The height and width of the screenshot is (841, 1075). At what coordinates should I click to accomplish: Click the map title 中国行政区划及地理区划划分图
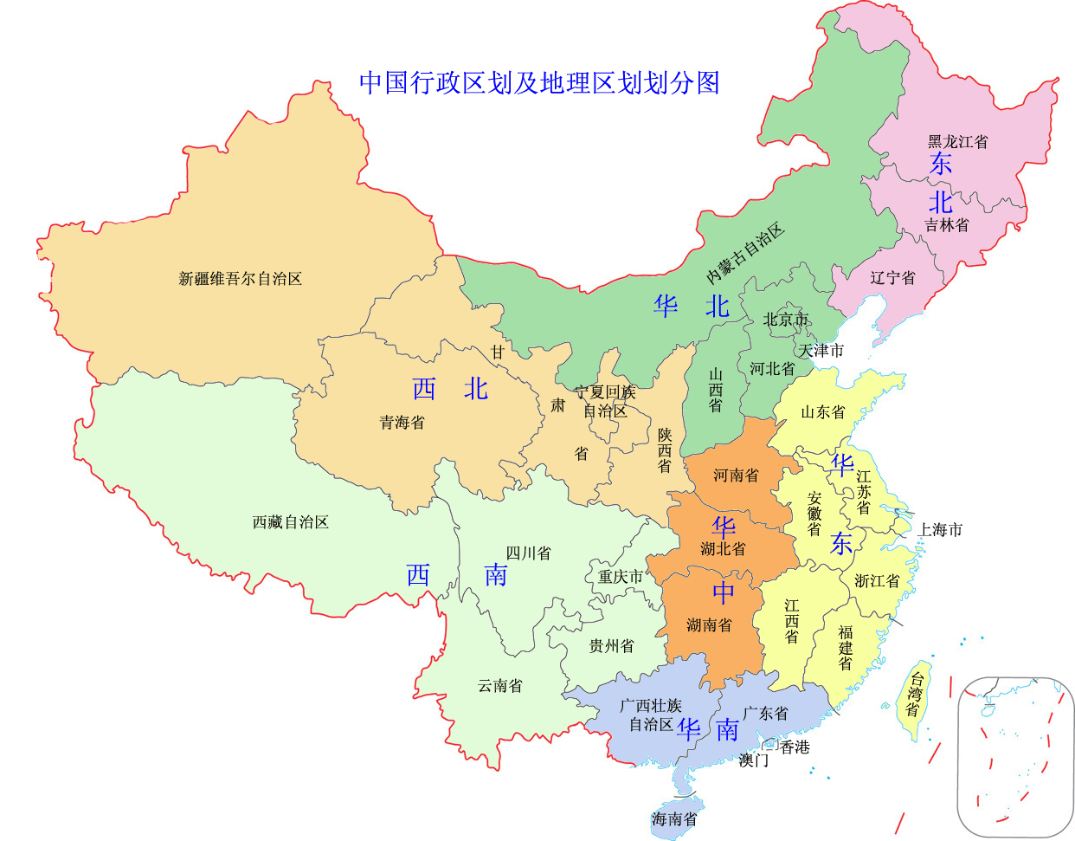[539, 82]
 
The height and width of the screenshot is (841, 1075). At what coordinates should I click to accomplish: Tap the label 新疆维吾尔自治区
[240, 279]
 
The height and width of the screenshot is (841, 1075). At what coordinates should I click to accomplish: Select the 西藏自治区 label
[290, 522]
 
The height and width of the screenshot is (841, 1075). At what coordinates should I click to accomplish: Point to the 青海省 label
[402, 423]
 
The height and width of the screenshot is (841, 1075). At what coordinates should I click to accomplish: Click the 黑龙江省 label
[957, 141]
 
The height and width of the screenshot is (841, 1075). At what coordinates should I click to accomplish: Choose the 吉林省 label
[946, 225]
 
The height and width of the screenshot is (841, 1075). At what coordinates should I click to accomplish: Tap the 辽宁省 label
[892, 278]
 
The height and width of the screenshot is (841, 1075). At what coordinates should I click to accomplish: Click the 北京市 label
[785, 320]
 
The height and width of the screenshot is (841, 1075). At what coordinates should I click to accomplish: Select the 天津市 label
[821, 351]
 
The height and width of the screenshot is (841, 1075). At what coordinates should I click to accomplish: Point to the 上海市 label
[940, 529]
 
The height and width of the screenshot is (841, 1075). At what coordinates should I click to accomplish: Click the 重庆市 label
[621, 577]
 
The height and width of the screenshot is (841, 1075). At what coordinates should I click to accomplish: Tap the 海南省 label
[674, 818]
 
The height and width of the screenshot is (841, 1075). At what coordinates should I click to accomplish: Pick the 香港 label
[795, 747]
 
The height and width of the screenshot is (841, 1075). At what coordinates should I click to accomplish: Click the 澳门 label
[753, 760]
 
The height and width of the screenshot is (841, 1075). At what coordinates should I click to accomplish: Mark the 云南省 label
[500, 686]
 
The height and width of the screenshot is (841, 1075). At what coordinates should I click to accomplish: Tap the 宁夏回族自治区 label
[605, 402]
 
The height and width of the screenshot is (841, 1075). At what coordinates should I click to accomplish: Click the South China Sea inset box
[1014, 756]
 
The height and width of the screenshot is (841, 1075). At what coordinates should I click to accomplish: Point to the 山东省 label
[822, 412]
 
